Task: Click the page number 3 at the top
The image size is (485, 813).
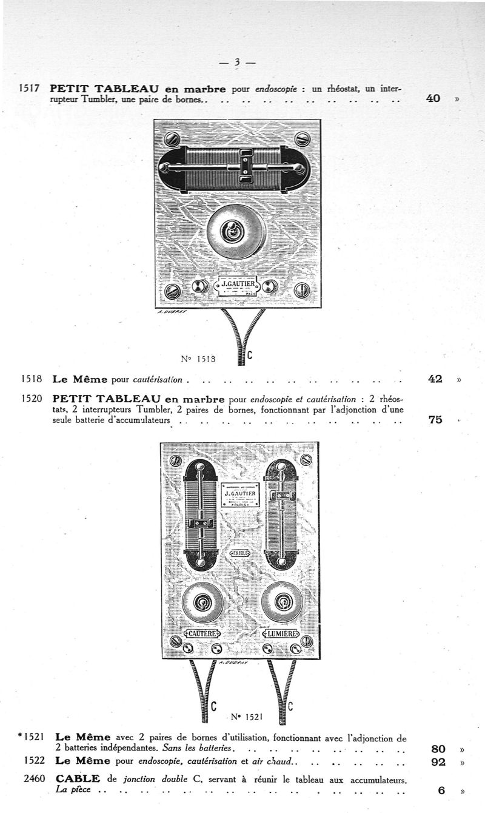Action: click(237, 62)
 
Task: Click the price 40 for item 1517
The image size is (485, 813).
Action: click(433, 98)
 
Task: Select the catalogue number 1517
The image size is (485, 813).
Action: click(30, 88)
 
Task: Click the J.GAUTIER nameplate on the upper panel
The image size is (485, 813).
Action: click(238, 284)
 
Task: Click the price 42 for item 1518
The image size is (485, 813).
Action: click(435, 379)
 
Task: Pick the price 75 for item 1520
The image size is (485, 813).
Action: click(435, 419)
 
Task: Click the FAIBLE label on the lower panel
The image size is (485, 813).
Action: click(240, 553)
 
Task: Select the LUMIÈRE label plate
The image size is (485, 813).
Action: click(280, 634)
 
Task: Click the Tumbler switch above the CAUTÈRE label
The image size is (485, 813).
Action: click(203, 602)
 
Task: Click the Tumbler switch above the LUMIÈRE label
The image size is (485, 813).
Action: click(282, 602)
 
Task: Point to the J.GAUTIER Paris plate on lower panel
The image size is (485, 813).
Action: click(240, 495)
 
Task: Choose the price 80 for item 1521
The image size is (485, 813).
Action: click(438, 749)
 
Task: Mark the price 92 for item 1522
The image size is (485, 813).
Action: click(438, 762)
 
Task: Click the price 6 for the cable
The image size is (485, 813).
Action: click(441, 791)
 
